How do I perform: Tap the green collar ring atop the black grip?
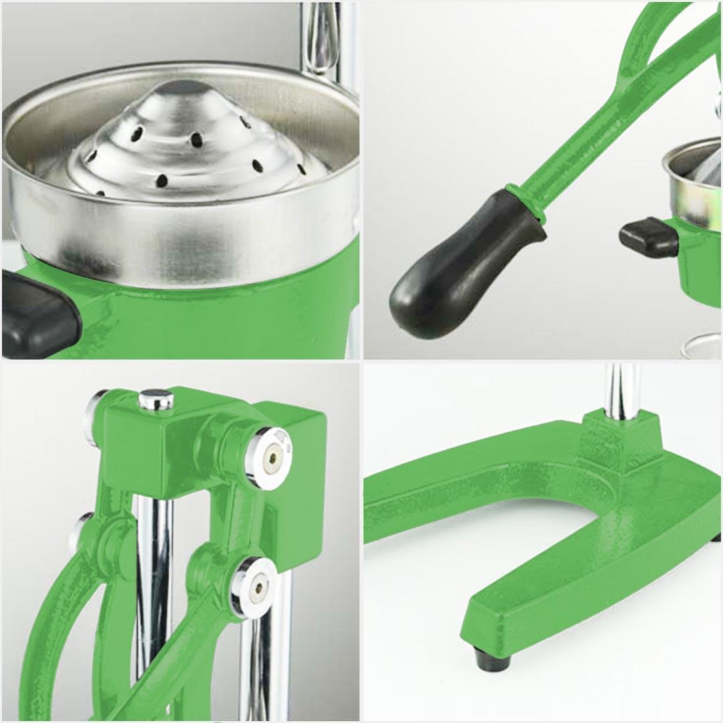pyautogui.click(x=526, y=201)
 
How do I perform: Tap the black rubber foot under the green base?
pyautogui.click(x=491, y=659)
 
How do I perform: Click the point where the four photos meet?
pyautogui.click(x=361, y=361)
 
